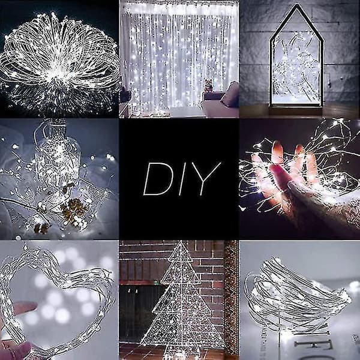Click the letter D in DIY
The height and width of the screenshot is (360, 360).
(158, 179)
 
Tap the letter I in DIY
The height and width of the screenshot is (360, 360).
(182, 179)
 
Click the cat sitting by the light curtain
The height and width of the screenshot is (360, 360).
(208, 85)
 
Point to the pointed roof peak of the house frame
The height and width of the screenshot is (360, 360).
(297, 5)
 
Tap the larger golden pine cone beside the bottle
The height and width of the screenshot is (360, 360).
(74, 208)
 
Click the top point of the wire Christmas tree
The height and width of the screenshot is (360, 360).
(181, 242)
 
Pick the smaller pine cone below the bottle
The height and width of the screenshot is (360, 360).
(41, 228)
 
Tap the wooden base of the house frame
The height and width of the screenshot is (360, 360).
(296, 110)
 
